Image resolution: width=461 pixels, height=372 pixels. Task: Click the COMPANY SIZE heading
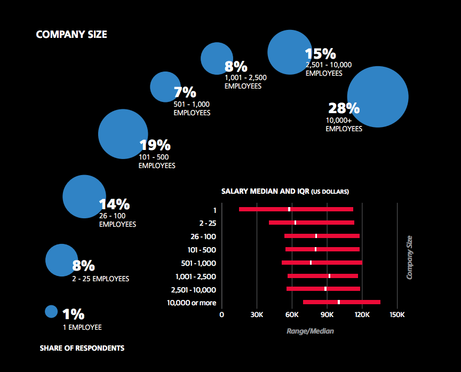click(71, 35)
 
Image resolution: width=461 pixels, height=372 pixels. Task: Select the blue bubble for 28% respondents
click(378, 97)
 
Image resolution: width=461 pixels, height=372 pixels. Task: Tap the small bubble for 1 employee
click(51, 311)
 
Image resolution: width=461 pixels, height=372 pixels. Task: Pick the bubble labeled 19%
click(123, 134)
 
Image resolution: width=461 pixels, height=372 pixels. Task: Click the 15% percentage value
click(320, 54)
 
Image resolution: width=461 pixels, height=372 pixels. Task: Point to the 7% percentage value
click(185, 92)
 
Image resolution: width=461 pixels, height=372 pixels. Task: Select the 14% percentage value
click(114, 204)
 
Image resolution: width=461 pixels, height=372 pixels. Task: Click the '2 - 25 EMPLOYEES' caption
click(101, 279)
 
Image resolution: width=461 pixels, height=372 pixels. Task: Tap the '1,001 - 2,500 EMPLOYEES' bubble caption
click(245, 82)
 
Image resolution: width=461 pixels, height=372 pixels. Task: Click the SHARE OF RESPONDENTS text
click(82, 348)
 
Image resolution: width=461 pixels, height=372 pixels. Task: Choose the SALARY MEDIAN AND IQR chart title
click(285, 191)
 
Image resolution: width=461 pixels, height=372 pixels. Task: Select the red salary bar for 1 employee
click(296, 209)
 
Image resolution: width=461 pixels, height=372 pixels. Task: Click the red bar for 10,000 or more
click(341, 302)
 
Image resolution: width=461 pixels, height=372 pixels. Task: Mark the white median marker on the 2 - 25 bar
click(295, 223)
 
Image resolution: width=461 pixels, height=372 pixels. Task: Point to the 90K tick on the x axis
click(327, 314)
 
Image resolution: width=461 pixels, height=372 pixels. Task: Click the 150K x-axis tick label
click(397, 314)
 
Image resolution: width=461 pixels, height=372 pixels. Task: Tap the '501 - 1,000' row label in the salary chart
click(198, 263)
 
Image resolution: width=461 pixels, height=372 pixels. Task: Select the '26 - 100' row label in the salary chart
click(203, 236)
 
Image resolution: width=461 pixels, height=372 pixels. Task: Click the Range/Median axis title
click(310, 331)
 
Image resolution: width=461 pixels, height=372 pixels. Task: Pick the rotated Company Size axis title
click(410, 257)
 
